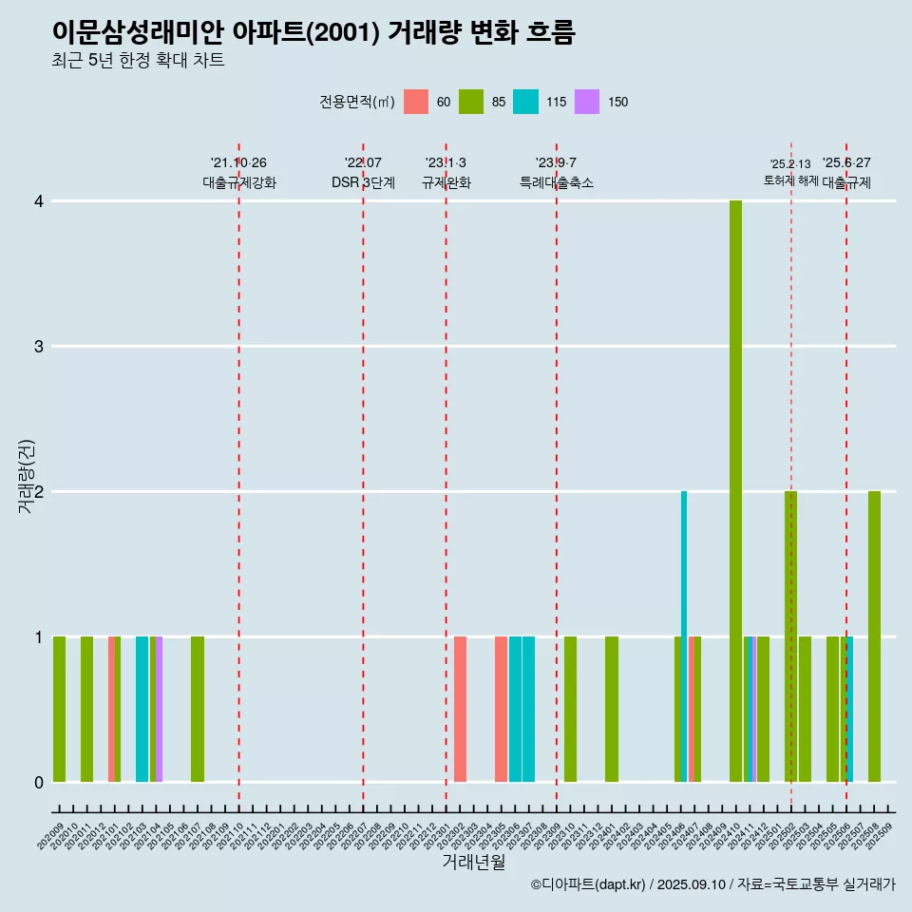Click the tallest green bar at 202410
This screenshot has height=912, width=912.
[x=735, y=491]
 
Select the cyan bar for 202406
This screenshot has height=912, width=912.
[x=684, y=636]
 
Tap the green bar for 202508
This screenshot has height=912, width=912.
[x=874, y=636]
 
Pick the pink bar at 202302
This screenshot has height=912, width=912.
[x=460, y=709]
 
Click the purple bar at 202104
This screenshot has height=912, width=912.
[x=160, y=709]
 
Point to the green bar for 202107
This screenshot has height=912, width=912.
[x=198, y=709]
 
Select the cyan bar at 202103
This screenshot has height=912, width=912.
[x=142, y=709]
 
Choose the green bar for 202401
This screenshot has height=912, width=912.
[x=612, y=709]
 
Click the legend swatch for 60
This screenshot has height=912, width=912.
[x=416, y=102]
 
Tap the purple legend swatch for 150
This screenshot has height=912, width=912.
[x=588, y=102]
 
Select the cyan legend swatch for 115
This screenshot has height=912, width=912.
[x=525, y=102]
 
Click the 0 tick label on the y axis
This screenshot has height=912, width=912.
[x=38, y=782]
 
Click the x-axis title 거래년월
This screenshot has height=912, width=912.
[x=473, y=862]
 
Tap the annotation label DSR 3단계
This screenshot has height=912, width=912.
[x=363, y=182]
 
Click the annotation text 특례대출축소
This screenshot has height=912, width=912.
[x=557, y=182]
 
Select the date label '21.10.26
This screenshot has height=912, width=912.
[x=238, y=162]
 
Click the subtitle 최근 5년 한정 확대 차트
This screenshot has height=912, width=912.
[x=139, y=61]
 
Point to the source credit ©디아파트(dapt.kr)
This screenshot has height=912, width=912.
[x=589, y=884]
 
